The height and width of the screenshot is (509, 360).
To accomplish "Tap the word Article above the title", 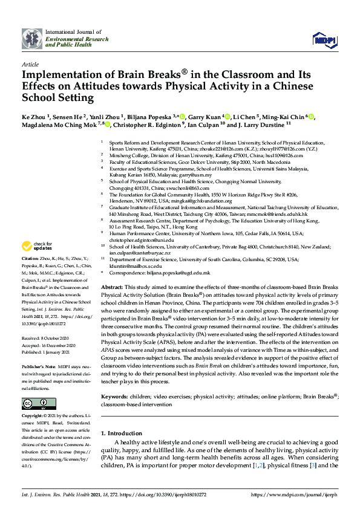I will click(30, 63).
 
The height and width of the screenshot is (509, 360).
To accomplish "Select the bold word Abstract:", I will click(111, 287).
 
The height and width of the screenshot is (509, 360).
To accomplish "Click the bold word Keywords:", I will click(114, 397).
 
